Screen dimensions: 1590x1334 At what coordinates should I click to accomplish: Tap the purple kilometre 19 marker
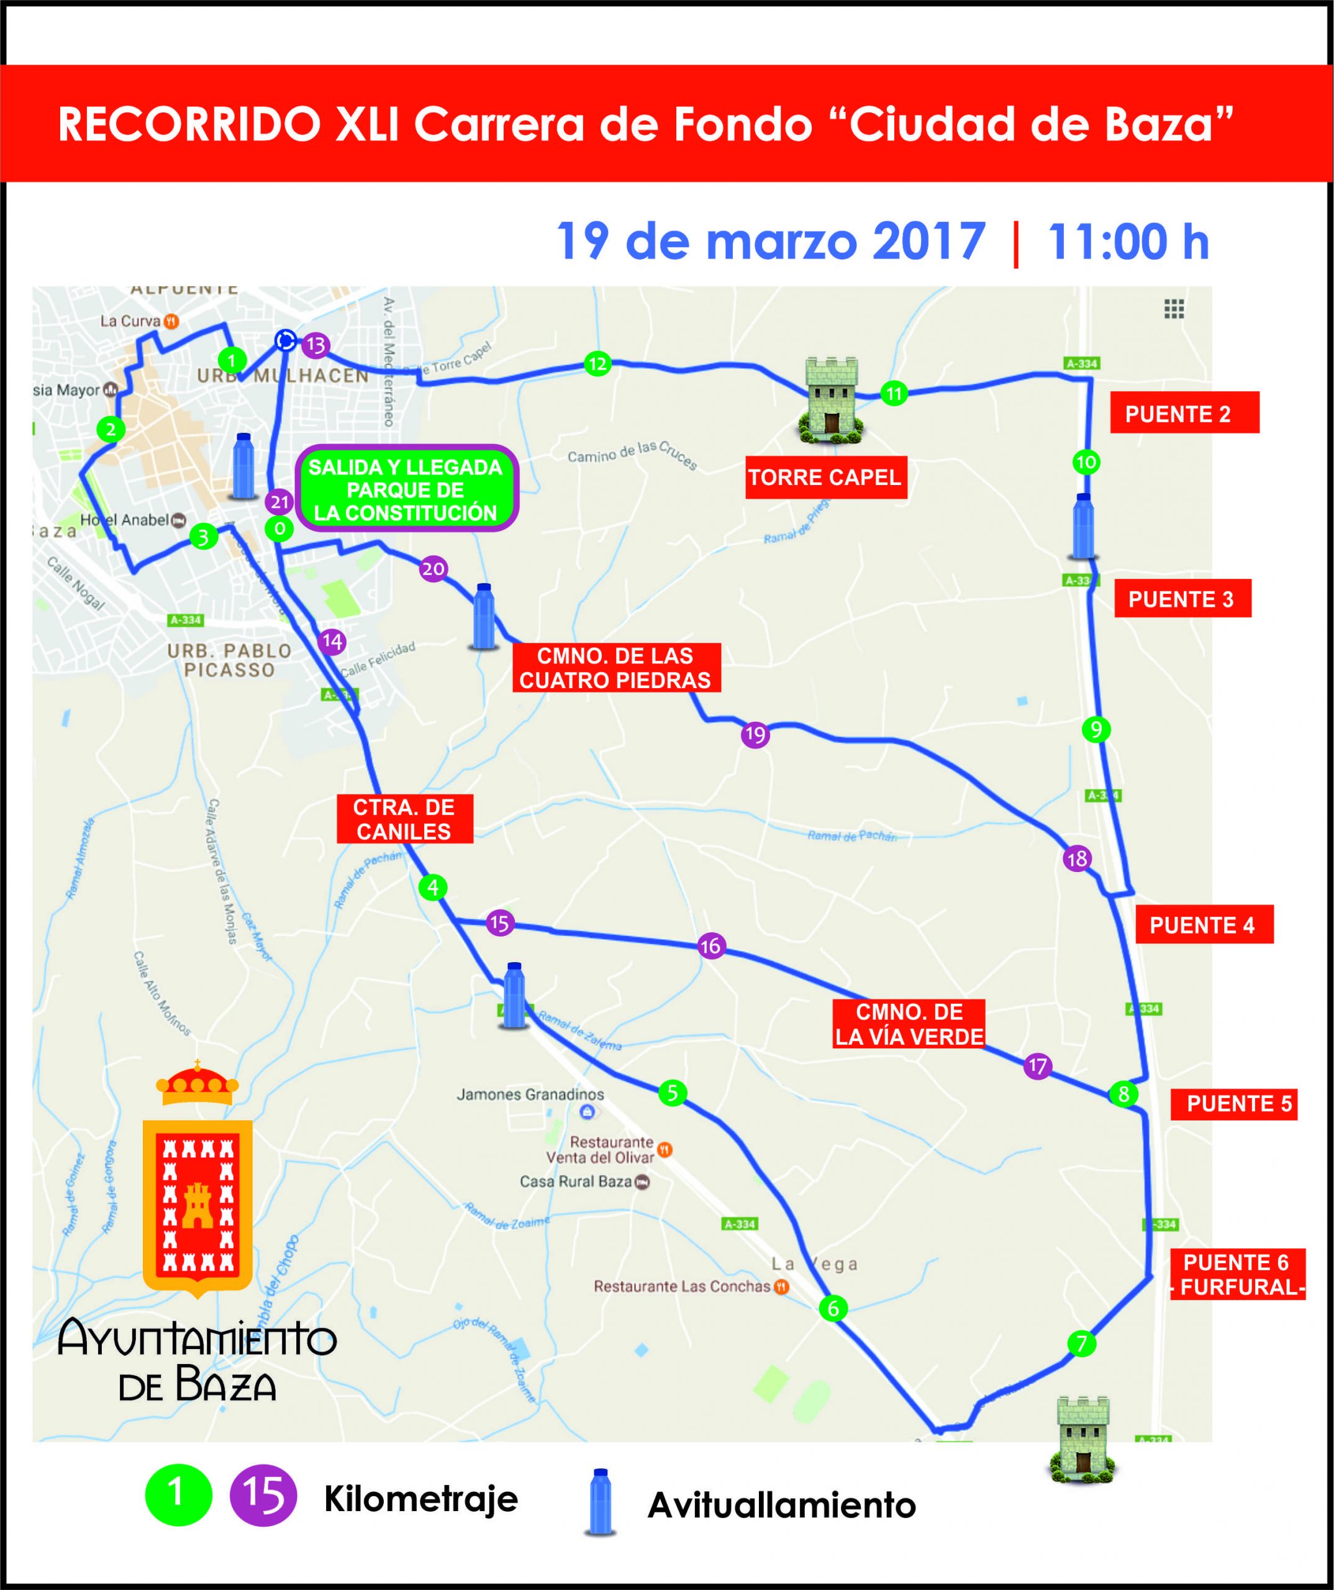point(755,734)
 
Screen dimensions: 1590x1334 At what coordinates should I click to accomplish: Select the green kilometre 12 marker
point(597,364)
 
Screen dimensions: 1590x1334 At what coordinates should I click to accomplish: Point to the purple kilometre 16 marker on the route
point(710,946)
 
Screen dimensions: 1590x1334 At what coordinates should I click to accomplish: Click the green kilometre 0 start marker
point(279,529)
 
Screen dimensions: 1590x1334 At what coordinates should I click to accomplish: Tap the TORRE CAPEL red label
point(825,478)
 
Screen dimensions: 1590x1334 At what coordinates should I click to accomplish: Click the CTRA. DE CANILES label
point(404,819)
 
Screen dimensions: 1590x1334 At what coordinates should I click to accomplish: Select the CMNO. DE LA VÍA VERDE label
point(909,1024)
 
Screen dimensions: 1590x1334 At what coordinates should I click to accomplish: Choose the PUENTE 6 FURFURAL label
point(1237,1275)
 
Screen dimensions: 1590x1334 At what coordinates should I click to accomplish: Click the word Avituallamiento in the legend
point(781,1506)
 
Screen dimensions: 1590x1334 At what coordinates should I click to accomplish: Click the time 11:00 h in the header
point(1127,242)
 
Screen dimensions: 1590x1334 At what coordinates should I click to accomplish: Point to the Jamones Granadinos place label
point(530,1095)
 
